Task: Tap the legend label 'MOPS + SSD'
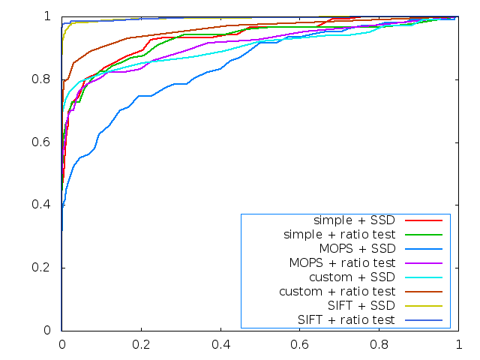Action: pyautogui.click(x=363, y=249)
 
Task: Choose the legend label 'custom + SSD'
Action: pyautogui.click(x=362, y=277)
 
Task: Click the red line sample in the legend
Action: pyautogui.click(x=423, y=220)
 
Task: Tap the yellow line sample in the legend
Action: pyautogui.click(x=423, y=305)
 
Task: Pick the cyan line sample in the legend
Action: pyautogui.click(x=423, y=277)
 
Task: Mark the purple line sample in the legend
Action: pyautogui.click(x=423, y=263)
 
